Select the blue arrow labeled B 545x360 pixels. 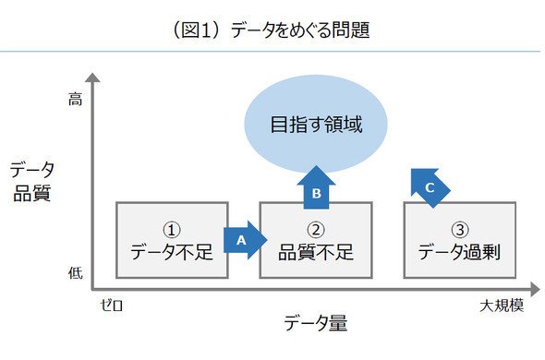tap(316, 187)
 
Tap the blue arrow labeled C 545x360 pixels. tap(430, 187)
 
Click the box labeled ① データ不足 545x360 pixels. tap(172, 240)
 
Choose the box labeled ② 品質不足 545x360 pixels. tap(316, 240)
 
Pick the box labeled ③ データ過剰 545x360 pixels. tap(459, 240)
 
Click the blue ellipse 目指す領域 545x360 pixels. tap(316, 124)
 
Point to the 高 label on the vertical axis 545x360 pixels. tap(75, 100)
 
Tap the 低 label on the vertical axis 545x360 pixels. tap(76, 273)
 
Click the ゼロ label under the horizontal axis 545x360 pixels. tap(112, 306)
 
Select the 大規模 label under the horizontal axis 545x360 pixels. tap(502, 306)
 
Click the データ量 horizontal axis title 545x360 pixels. tap(316, 323)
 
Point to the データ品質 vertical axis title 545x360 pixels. tap(32, 182)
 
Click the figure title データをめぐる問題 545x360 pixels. tap(299, 30)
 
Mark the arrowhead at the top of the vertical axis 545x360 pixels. tap(92, 78)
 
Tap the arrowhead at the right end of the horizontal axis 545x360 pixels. tap(535, 289)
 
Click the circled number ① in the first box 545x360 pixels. tap(172, 230)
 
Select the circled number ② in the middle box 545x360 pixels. tap(316, 230)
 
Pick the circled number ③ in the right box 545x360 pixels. tap(460, 230)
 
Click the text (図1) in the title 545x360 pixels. tap(197, 30)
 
